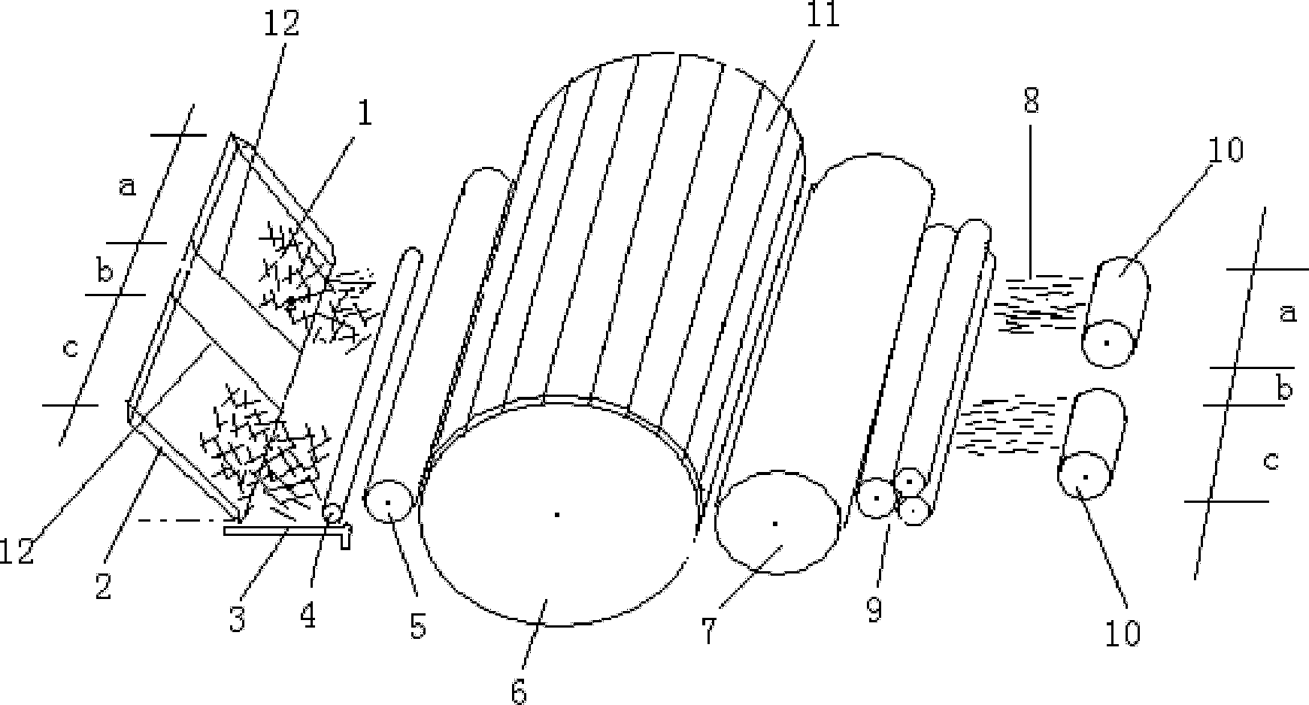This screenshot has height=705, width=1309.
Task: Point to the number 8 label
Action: pyautogui.click(x=1031, y=99)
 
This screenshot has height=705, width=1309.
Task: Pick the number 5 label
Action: pyautogui.click(x=417, y=624)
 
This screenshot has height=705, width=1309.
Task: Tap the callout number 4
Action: pyautogui.click(x=308, y=616)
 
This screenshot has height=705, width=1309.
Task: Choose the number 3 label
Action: pyautogui.click(x=238, y=619)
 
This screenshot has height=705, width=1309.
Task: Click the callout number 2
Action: pyautogui.click(x=103, y=585)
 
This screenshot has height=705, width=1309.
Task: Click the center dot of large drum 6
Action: pyautogui.click(x=556, y=515)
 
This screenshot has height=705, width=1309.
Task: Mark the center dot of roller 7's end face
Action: pyautogui.click(x=774, y=523)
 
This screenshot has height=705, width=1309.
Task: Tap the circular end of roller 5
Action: pyautogui.click(x=388, y=501)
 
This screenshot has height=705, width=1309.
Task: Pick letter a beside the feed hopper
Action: pyautogui.click(x=129, y=186)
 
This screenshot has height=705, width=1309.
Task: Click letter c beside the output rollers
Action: pyautogui.click(x=1270, y=459)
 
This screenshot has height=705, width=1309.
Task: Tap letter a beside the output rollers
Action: pyautogui.click(x=1288, y=312)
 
